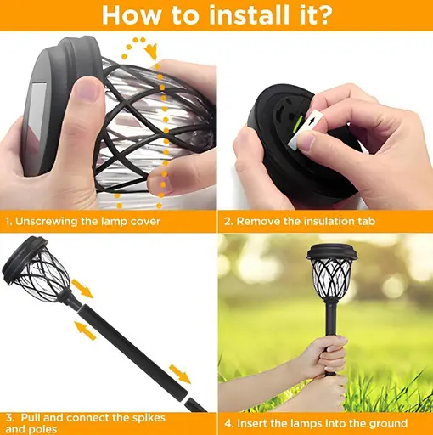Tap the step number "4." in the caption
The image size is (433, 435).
coord(229,423)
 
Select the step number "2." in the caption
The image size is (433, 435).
coord(228,222)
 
